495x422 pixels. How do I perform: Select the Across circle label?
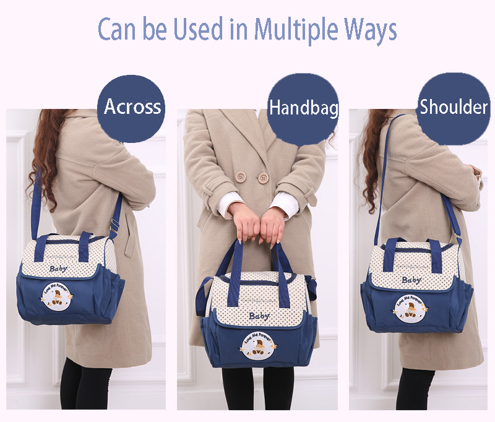tap(132, 106)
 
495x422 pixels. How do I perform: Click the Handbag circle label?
tap(303, 109)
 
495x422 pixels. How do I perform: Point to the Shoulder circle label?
tap(454, 107)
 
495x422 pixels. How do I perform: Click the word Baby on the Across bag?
tap(59, 268)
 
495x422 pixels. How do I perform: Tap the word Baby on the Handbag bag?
tap(259, 316)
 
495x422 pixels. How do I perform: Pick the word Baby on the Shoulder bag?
tap(411, 280)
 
